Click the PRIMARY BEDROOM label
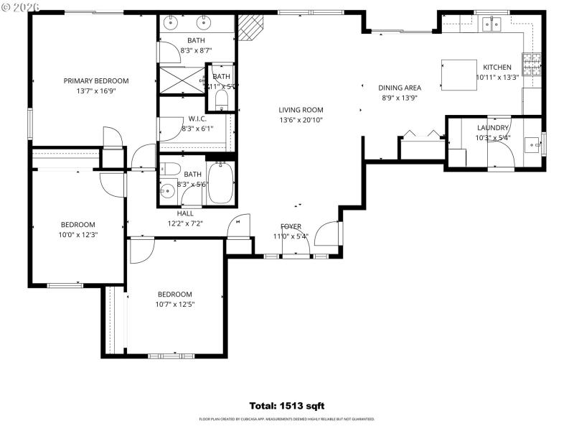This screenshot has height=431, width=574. (96, 80)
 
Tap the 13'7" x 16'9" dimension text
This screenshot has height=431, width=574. (96, 91)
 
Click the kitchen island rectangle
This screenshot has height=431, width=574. (457, 75)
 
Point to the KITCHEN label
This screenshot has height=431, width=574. (497, 68)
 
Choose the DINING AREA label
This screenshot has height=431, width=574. (400, 88)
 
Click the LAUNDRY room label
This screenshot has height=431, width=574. (492, 128)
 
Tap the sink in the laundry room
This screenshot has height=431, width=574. (533, 144)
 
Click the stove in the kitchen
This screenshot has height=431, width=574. (532, 66)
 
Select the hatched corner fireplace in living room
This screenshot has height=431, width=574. (250, 28)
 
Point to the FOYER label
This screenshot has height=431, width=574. (291, 226)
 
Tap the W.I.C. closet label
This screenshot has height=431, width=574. (198, 119)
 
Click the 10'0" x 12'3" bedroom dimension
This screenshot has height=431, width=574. (77, 234)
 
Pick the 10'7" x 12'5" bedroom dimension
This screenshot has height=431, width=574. (175, 304)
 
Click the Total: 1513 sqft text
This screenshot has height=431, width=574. (286, 406)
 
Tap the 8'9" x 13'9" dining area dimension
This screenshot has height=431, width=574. (400, 98)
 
